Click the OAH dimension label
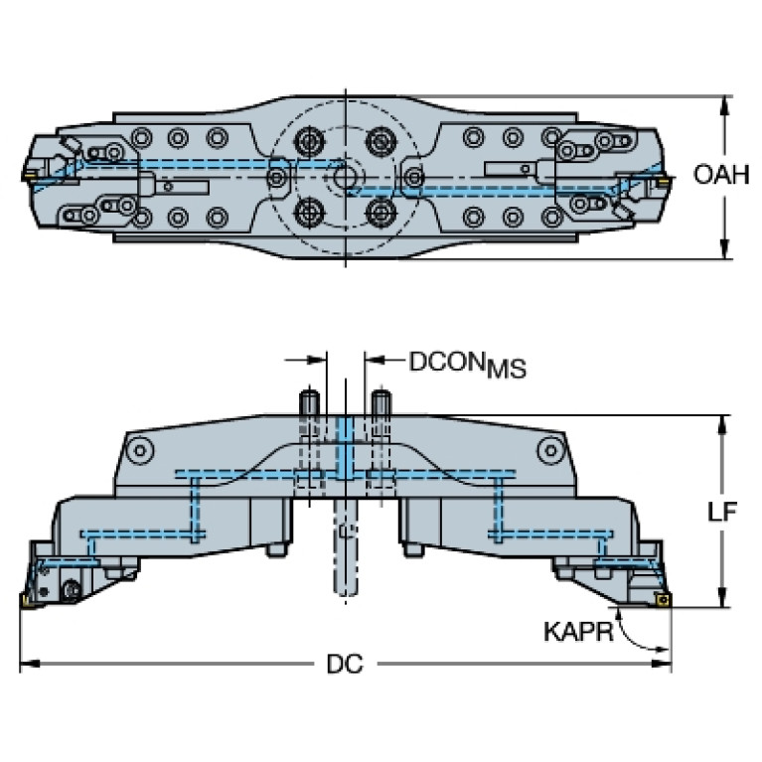point(721,175)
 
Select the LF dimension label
point(721,512)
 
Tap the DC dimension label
point(345,664)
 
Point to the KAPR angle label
point(578,632)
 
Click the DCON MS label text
point(468,365)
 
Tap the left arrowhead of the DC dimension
point(29,664)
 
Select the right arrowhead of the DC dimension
point(662,664)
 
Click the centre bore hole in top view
point(345,178)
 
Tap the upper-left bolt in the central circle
point(308,142)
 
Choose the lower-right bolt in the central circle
point(381,213)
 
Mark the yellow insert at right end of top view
point(663,181)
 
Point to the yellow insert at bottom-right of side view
point(662,599)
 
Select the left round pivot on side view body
point(140,450)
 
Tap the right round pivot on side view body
point(550,450)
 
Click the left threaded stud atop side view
point(310,403)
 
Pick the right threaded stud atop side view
point(381,403)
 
